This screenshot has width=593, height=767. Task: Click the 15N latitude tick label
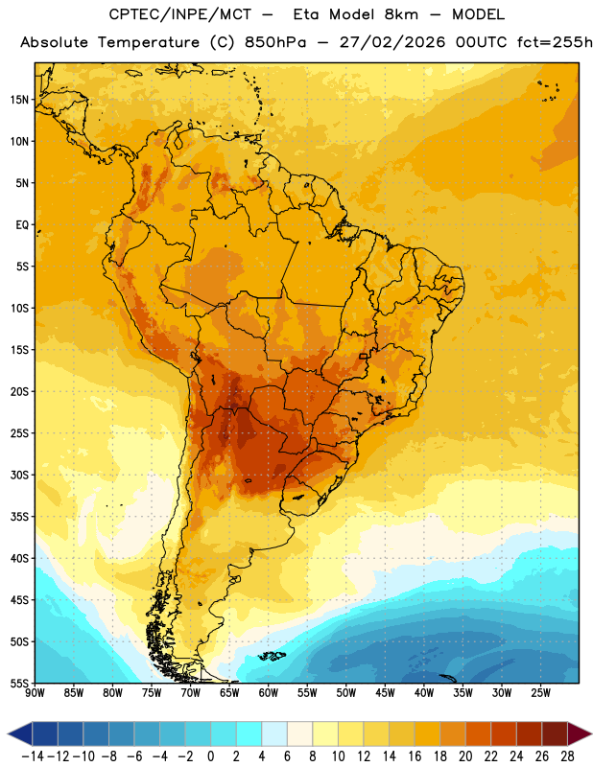pyautogui.click(x=19, y=100)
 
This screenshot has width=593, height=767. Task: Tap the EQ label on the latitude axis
pyautogui.click(x=22, y=225)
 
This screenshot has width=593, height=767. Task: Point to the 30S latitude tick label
pyautogui.click(x=19, y=475)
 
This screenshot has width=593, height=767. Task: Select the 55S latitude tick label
pyautogui.click(x=19, y=684)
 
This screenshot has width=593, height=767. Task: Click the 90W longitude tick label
pyautogui.click(x=35, y=693)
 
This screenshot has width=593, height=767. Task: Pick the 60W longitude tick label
pyautogui.click(x=269, y=693)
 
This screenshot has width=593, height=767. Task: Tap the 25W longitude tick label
pyautogui.click(x=540, y=693)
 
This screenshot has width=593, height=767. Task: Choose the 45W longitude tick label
pyautogui.click(x=385, y=693)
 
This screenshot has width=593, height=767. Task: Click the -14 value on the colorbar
pyautogui.click(x=33, y=756)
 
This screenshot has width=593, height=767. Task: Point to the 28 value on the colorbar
pyautogui.click(x=567, y=756)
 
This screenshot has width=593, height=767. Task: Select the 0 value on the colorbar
pyautogui.click(x=210, y=756)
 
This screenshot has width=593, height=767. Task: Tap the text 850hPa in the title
pyautogui.click(x=275, y=42)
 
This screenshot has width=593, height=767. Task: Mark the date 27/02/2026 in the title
pyautogui.click(x=392, y=42)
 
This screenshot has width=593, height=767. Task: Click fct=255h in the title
pyautogui.click(x=555, y=42)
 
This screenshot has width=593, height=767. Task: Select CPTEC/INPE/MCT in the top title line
pyautogui.click(x=180, y=14)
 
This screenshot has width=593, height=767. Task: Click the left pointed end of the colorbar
pyautogui.click(x=9, y=734)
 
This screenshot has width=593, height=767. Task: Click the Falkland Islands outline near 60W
pyautogui.click(x=272, y=656)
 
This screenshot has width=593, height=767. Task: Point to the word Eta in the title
pyautogui.click(x=306, y=14)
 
